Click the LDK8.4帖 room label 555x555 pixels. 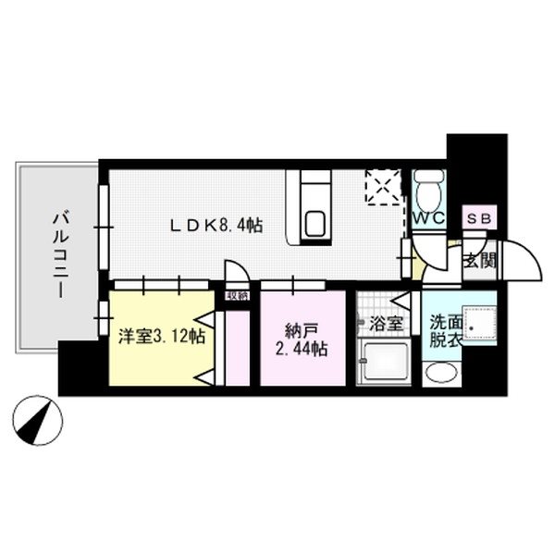point(215,225)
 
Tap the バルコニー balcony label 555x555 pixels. point(58,252)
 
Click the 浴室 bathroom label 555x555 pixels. point(386,325)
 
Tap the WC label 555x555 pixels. point(428,219)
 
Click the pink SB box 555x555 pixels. point(479,218)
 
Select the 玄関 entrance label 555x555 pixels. point(480,260)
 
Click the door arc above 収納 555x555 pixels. point(236,273)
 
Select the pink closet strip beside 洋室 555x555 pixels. point(238,347)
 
